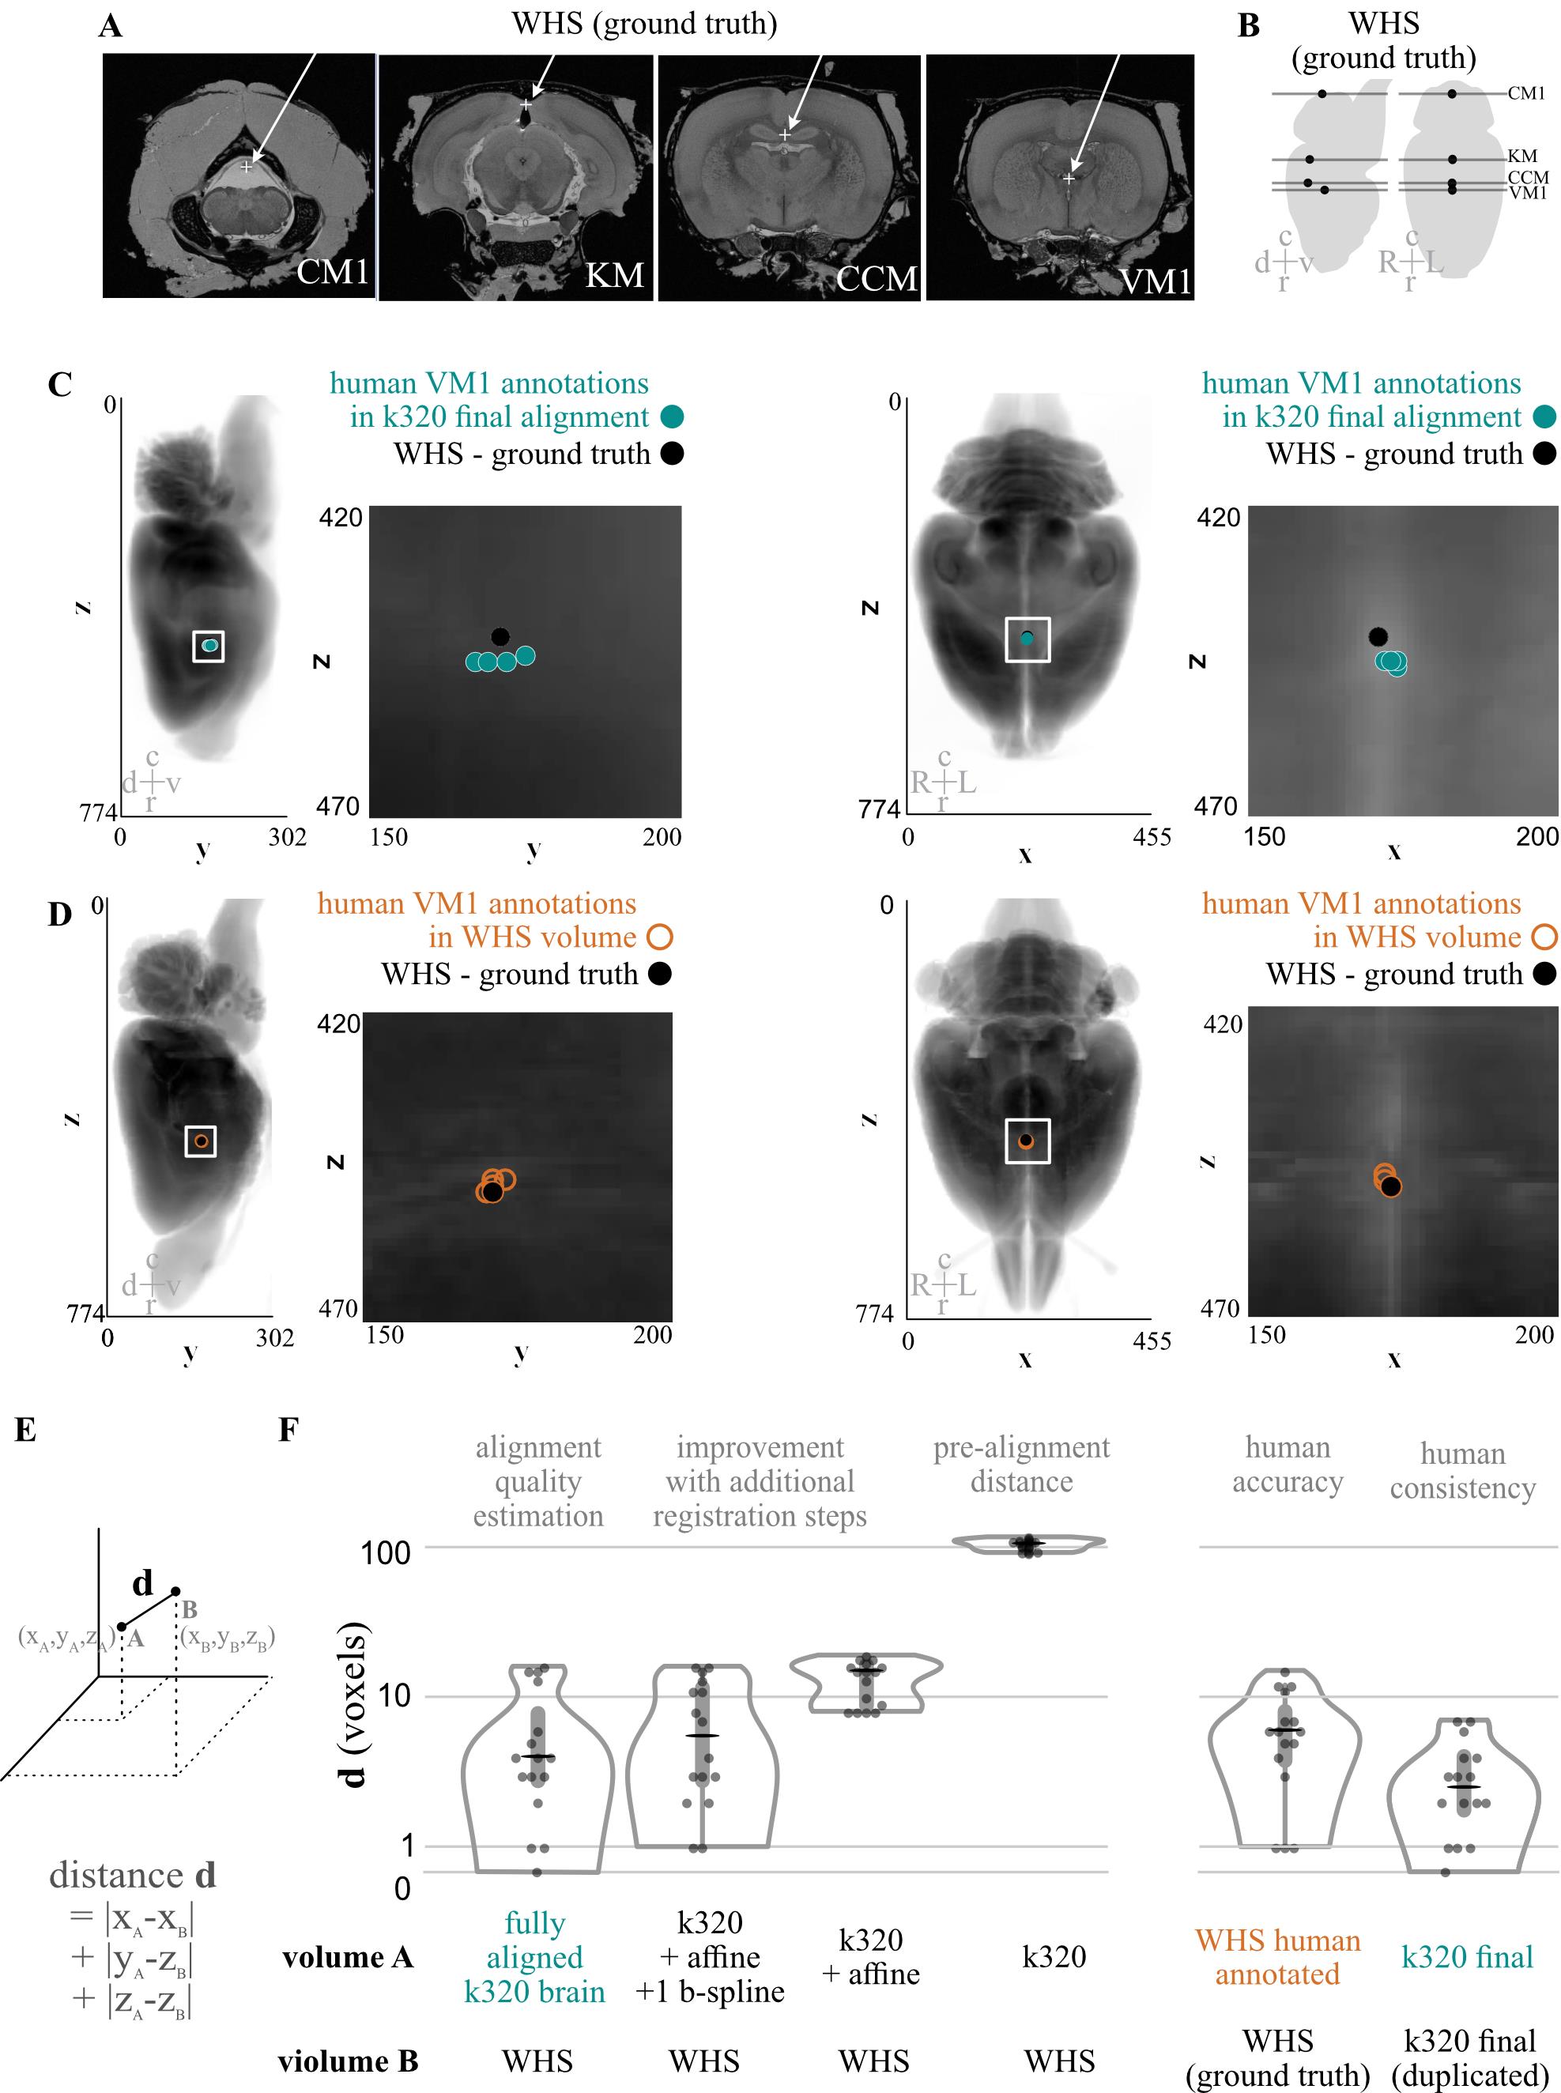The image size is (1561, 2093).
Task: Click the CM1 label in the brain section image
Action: coord(332,271)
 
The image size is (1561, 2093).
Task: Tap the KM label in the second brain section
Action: coord(614,275)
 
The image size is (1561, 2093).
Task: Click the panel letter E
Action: coord(25,1430)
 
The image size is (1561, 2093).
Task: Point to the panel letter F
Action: coord(288,1429)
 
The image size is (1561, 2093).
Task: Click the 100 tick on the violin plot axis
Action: coord(386,1552)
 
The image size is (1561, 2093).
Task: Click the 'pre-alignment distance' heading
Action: coord(1021,1464)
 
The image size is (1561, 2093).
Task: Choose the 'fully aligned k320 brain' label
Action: coord(535,1957)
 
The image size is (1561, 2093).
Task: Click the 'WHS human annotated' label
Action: coord(1277,1957)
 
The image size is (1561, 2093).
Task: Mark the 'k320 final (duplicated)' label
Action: coord(1470,2058)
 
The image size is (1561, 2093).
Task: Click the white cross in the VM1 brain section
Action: coord(1069,179)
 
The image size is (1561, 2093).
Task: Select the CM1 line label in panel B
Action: coord(1526,93)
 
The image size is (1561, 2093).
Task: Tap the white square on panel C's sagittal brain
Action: coord(208,647)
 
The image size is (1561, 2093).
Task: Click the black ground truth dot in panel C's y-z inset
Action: coord(500,637)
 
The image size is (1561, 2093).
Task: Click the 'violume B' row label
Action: coord(348,2061)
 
